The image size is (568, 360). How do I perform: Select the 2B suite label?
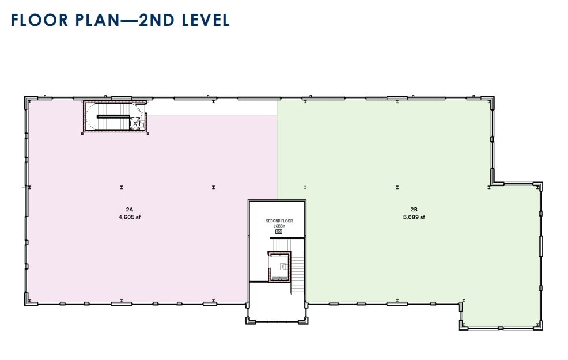[414, 210]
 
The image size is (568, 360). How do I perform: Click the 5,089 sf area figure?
[414, 217]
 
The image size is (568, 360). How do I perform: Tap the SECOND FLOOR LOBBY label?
[279, 223]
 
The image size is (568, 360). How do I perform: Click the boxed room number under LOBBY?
[279, 232]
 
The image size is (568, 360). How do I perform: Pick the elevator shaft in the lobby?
[282, 266]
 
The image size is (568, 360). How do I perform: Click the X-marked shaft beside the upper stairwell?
[136, 123]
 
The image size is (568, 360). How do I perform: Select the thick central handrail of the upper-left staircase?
[113, 116]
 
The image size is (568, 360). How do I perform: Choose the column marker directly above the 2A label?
[122, 187]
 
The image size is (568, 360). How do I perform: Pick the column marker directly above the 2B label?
[397, 187]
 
